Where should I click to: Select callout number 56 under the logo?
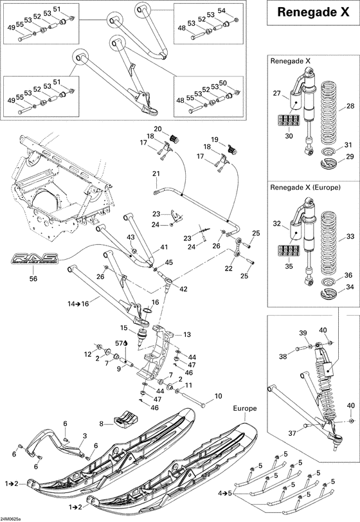[x=33, y=279]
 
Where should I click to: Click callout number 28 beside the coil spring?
[x=350, y=106]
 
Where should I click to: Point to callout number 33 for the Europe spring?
[x=350, y=236]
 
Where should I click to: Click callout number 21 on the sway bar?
[x=155, y=174]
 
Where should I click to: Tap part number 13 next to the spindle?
[x=188, y=335]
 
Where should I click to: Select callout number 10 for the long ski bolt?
[x=218, y=396]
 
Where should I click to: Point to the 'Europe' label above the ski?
[x=245, y=408]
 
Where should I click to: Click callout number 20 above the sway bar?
[x=157, y=129]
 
